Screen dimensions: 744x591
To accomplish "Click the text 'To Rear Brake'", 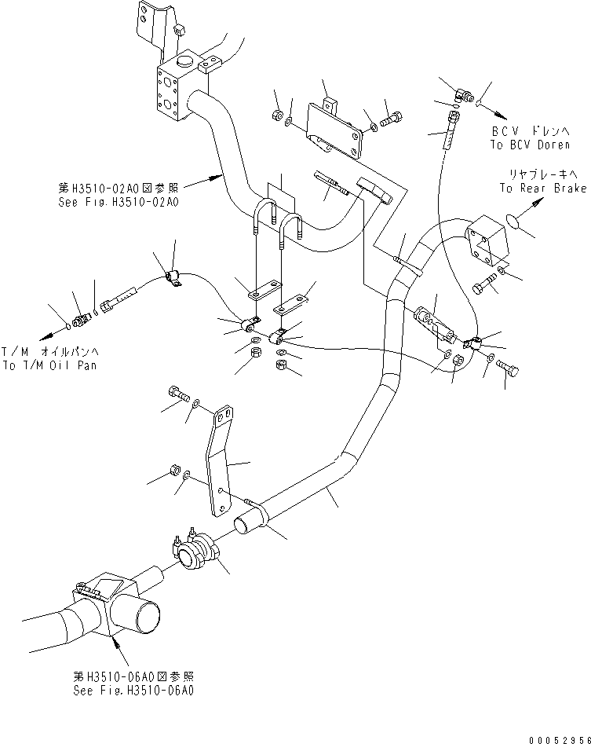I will (x=542, y=189).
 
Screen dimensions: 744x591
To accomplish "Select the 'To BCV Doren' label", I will (x=530, y=145).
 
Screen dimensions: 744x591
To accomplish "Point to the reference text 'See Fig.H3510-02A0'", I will (x=119, y=202).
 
